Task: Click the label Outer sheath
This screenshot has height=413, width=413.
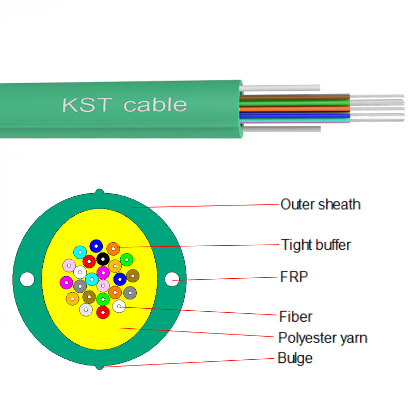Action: [x=320, y=204]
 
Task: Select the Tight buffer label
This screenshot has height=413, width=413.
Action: [x=315, y=244]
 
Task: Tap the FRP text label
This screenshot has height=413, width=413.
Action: [x=294, y=277]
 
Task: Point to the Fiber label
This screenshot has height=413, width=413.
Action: [x=295, y=316]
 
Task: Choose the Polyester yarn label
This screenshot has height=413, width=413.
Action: [x=323, y=338]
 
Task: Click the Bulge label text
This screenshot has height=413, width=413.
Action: [x=295, y=358]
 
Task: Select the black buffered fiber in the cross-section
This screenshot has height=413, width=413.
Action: [x=103, y=259]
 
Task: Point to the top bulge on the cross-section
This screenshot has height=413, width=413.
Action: [x=100, y=193]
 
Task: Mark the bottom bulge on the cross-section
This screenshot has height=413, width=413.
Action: [x=99, y=367]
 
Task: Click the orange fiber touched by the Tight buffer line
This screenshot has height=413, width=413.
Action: [x=113, y=248]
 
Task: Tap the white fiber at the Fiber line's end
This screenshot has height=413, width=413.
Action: [x=119, y=307]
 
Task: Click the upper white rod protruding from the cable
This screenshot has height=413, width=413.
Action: [x=281, y=88]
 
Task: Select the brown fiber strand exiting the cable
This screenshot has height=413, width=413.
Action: [x=294, y=97]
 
